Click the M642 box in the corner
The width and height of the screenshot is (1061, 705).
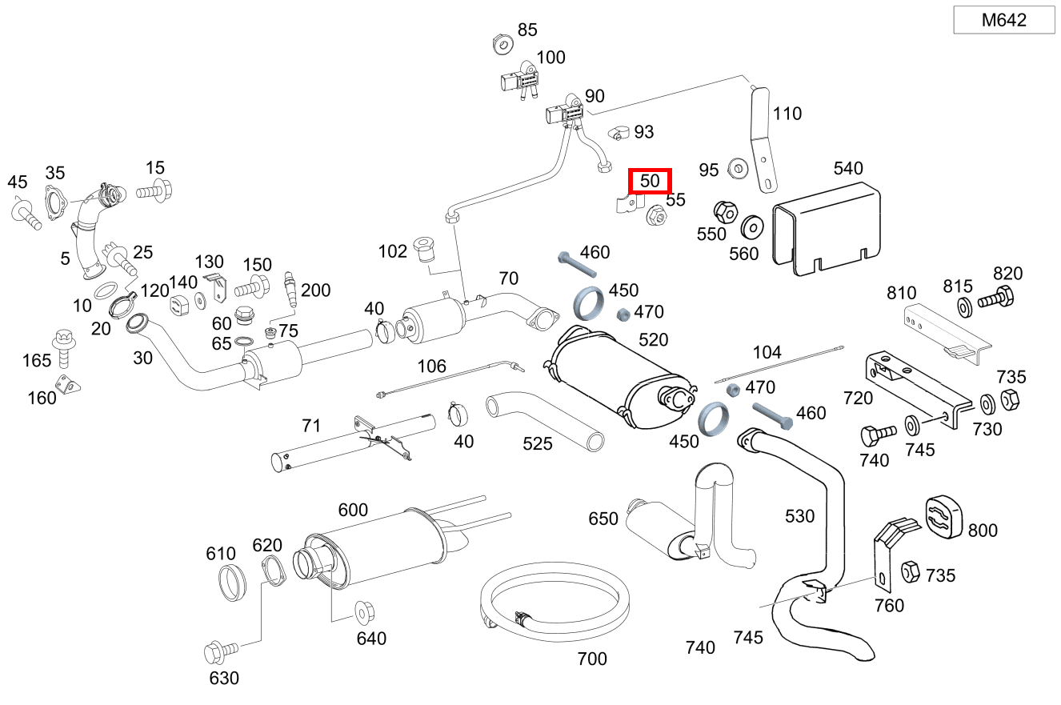pos(1004,21)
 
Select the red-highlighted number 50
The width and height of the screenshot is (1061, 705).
pos(650,182)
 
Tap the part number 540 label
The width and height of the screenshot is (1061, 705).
pos(848,168)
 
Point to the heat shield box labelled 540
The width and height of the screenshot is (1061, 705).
pos(827,228)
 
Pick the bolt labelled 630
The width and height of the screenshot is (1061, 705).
pos(218,652)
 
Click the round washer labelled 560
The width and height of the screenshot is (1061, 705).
pos(751,226)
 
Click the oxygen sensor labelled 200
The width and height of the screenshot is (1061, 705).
pos(290,290)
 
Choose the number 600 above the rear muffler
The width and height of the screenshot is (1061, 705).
pos(353,510)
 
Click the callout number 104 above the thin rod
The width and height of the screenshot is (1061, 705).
pos(767,352)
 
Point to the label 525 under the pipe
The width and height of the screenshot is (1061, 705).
pos(538,443)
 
